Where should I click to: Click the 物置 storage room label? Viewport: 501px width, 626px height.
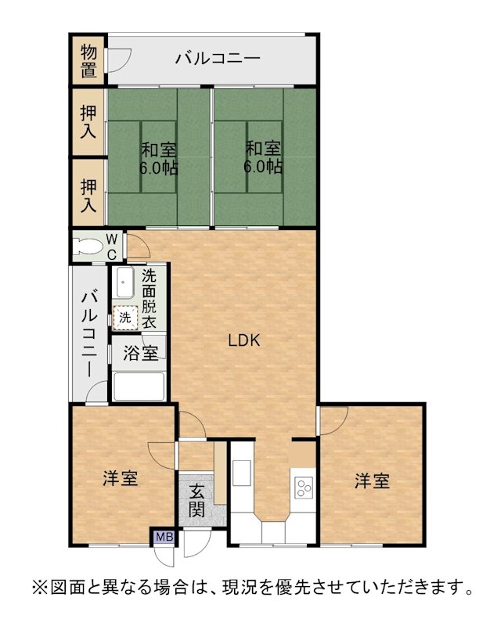pos(88,61)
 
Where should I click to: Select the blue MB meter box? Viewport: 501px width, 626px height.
pos(164,537)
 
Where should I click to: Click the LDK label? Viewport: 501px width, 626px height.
pos(244,340)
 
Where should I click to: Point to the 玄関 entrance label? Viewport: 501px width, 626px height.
pos(197,500)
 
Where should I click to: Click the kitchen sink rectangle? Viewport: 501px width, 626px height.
pos(242,473)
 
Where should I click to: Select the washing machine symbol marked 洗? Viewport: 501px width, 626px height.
pos(125,318)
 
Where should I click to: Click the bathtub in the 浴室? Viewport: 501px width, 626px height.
pos(139,387)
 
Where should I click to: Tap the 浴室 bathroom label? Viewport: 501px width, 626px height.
pos(140,354)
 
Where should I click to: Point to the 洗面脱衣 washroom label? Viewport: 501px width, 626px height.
pos(149,300)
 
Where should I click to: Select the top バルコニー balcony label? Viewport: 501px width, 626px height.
pos(218,59)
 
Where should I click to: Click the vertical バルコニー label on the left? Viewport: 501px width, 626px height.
pos(89,335)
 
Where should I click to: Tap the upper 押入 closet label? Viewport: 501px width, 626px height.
pos(88,121)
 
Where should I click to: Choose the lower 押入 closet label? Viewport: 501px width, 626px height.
pos(88,196)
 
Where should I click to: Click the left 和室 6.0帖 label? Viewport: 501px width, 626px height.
pos(159,159)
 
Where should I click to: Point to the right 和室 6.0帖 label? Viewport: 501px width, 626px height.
pos(263,158)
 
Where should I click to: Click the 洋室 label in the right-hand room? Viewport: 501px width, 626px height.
pos(373,480)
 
